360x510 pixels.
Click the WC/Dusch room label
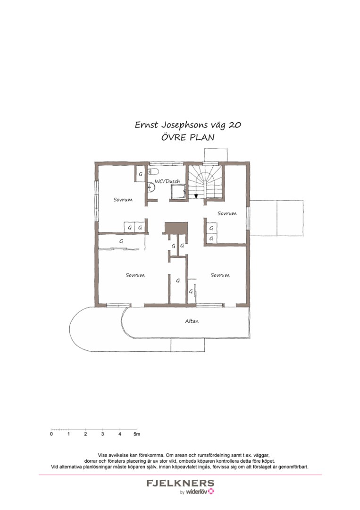[167, 181]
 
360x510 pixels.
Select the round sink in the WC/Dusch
[151, 187]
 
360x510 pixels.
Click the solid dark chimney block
[176, 228]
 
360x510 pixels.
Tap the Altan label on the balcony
[192, 321]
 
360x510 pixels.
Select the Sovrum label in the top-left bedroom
[123, 200]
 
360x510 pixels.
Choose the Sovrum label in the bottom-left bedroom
[135, 275]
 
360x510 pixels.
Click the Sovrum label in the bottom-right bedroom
[220, 275]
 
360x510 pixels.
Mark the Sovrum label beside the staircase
[226, 213]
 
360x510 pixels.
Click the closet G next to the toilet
[140, 175]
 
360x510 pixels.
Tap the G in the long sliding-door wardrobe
[121, 241]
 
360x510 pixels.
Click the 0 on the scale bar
[51, 433]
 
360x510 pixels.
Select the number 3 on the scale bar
[102, 433]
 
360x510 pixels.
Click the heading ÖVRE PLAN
[188, 138]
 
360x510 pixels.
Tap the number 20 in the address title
[235, 125]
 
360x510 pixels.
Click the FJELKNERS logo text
[180, 484]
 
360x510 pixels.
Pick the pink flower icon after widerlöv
[211, 492]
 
